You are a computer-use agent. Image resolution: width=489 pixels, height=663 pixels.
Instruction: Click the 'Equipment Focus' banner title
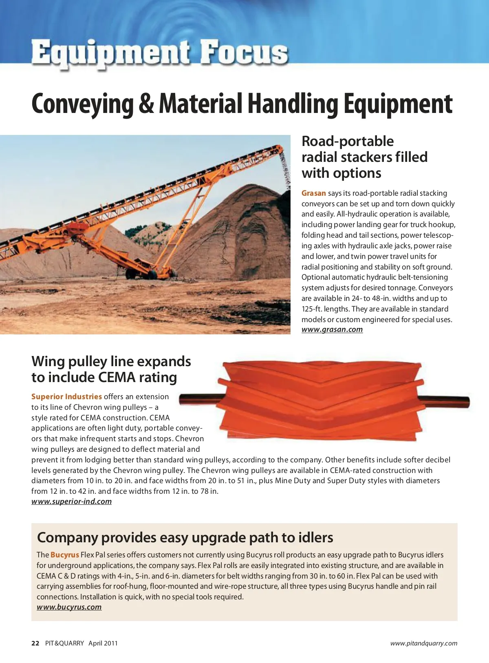tap(160, 53)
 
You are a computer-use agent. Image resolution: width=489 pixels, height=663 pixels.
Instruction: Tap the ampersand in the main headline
tap(146, 104)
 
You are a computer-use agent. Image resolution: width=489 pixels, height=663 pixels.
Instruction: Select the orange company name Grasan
tap(313, 193)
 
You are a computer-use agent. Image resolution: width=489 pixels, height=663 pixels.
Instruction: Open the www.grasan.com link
tap(332, 329)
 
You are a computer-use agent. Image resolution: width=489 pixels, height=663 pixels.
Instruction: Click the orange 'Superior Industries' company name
tap(66, 396)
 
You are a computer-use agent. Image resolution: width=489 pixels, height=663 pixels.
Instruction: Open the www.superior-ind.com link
tap(71, 502)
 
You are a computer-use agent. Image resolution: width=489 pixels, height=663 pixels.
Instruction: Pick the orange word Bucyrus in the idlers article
tap(65, 555)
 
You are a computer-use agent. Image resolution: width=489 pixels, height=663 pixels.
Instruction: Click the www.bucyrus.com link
tap(69, 607)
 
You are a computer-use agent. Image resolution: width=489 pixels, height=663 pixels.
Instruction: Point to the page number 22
tap(35, 643)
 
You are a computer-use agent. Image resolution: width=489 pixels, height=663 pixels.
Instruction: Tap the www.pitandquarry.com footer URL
tap(423, 643)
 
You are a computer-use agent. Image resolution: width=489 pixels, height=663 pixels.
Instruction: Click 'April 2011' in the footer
tap(103, 643)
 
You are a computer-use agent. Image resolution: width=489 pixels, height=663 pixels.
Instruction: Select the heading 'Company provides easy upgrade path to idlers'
tap(185, 537)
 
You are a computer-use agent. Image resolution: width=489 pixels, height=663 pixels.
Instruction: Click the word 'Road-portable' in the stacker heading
tap(348, 141)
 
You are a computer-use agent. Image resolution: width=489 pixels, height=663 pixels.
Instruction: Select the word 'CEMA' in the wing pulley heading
tap(116, 377)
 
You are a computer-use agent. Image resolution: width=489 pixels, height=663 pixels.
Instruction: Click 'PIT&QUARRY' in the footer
tap(64, 643)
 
